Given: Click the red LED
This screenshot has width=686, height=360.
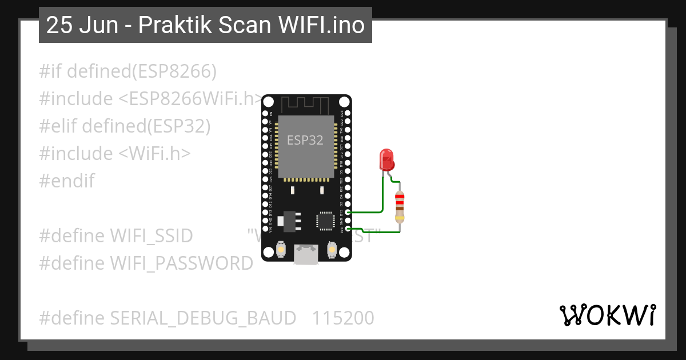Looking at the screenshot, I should pyautogui.click(x=387, y=159).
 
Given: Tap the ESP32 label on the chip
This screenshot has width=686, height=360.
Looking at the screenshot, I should pyautogui.click(x=305, y=140).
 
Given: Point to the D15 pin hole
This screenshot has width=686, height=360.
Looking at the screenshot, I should pyautogui.click(x=348, y=212).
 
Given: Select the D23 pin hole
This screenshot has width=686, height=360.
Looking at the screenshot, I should pyautogui.click(x=348, y=113).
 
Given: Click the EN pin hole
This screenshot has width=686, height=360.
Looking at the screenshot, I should pyautogui.click(x=265, y=113).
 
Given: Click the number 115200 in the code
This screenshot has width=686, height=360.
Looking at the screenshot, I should pyautogui.click(x=343, y=318).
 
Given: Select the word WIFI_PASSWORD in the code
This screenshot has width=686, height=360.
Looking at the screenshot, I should pyautogui.click(x=181, y=263).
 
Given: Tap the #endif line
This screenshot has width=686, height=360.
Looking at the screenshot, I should pyautogui.click(x=67, y=181).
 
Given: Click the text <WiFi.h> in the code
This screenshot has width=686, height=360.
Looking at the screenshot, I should pyautogui.click(x=155, y=153).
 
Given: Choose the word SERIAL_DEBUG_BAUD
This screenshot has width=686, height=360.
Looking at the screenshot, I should pyautogui.click(x=203, y=318).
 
